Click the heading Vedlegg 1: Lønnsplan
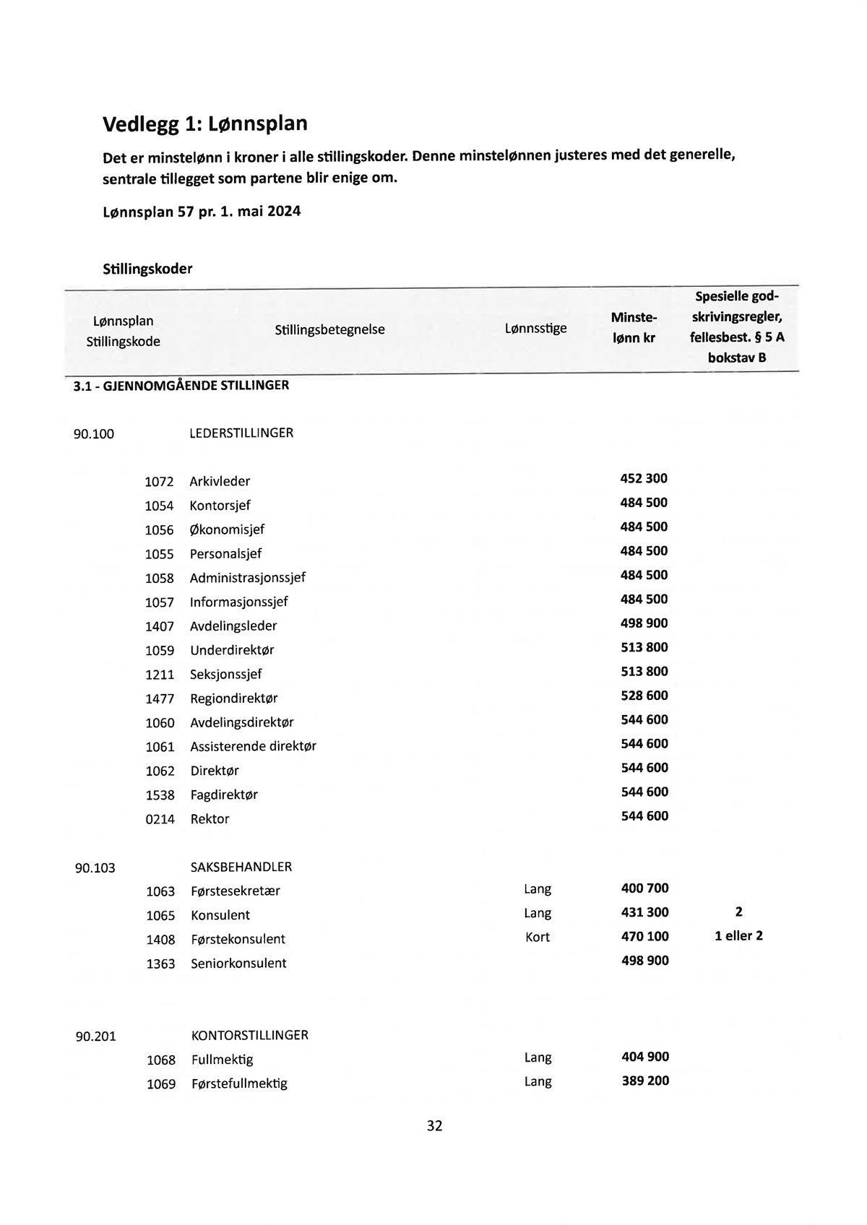pos(204,124)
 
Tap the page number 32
pos(434,1125)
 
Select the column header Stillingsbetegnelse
pos(329,330)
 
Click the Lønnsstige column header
pos(535,329)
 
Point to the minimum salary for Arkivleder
pos(644,478)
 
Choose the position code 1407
pos(160,626)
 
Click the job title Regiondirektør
pos(233,698)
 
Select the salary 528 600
pos(644,696)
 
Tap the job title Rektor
pos(210,819)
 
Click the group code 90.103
pos(95,867)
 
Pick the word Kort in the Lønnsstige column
pos(538,937)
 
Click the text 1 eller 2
pos(738,936)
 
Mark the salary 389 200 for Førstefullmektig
pos(645,1081)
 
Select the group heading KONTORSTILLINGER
pos(249,1035)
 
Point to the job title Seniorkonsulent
pos(238,964)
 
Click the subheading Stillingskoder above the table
pos(147,269)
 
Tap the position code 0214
pos(160,819)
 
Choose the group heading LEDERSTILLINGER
pos(241,433)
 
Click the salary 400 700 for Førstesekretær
pos(644,888)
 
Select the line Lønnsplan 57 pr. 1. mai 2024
pos(202,212)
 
